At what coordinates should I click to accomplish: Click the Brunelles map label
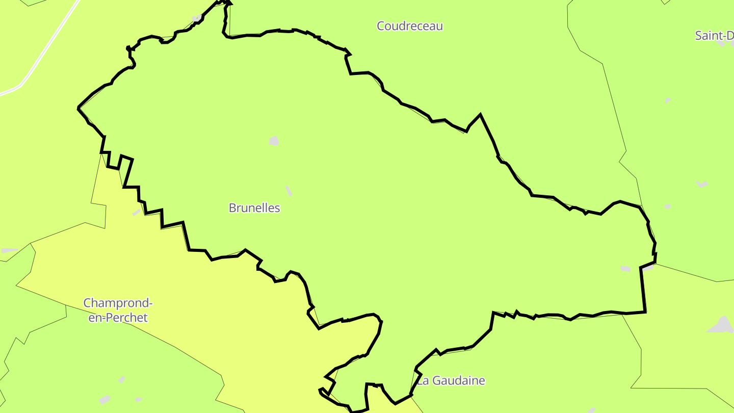254,208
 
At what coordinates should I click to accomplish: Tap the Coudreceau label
410,26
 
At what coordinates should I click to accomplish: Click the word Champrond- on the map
118,303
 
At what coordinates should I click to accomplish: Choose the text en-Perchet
118,318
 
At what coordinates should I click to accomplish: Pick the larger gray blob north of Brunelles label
274,141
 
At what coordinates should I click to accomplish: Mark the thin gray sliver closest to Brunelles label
289,191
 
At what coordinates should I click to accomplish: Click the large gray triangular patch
722,325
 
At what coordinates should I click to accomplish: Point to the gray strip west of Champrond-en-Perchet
9,250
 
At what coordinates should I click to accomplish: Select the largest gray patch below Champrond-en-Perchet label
104,399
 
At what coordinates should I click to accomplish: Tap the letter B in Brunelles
232,208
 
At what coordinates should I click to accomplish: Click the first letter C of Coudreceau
381,26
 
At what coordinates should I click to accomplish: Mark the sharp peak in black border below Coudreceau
480,115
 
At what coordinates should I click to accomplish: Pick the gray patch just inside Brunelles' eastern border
625,269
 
